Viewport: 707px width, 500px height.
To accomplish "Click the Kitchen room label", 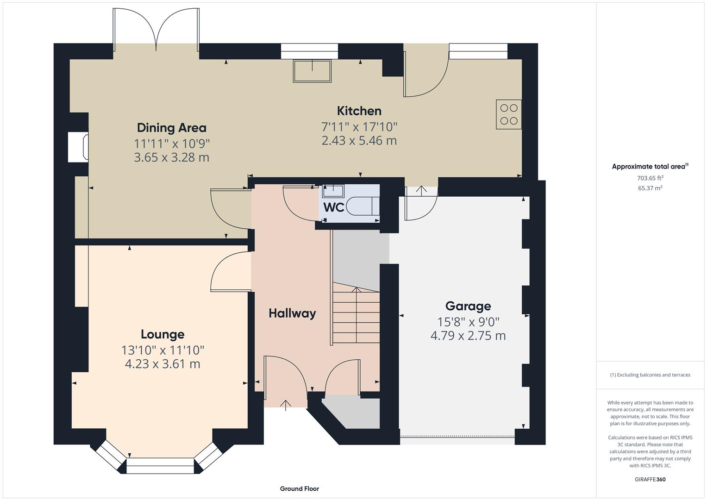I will [359, 111].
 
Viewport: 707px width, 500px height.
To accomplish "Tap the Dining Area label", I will [171, 128].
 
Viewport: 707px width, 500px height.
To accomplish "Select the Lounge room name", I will [163, 334].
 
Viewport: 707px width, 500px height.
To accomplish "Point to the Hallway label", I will [292, 313].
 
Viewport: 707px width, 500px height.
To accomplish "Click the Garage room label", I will [468, 306].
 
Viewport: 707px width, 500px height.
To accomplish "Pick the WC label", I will [333, 207].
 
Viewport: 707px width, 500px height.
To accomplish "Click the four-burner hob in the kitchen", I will [508, 114].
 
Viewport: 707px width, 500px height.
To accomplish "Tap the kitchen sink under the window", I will [312, 71].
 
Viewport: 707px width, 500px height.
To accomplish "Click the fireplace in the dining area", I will [78, 147].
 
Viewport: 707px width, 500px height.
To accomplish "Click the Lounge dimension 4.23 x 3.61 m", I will [163, 364].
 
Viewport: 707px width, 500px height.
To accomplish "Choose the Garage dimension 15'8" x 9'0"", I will [468, 321].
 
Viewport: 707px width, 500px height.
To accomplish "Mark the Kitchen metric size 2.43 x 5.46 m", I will [359, 141].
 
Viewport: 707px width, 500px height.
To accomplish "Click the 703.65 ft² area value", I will [650, 178].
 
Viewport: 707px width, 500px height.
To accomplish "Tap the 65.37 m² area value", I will [650, 188].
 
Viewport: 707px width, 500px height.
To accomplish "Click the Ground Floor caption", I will [299, 488].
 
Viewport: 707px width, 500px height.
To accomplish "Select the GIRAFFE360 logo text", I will [650, 479].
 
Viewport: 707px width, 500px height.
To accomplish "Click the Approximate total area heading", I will [650, 167].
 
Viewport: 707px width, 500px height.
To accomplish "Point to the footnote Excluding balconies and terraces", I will [650, 375].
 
